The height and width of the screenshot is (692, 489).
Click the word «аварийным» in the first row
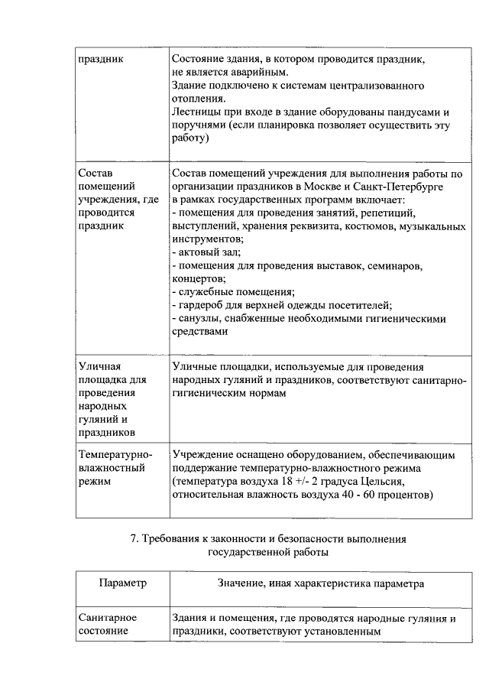260,70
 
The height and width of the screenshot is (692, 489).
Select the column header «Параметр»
122,583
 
